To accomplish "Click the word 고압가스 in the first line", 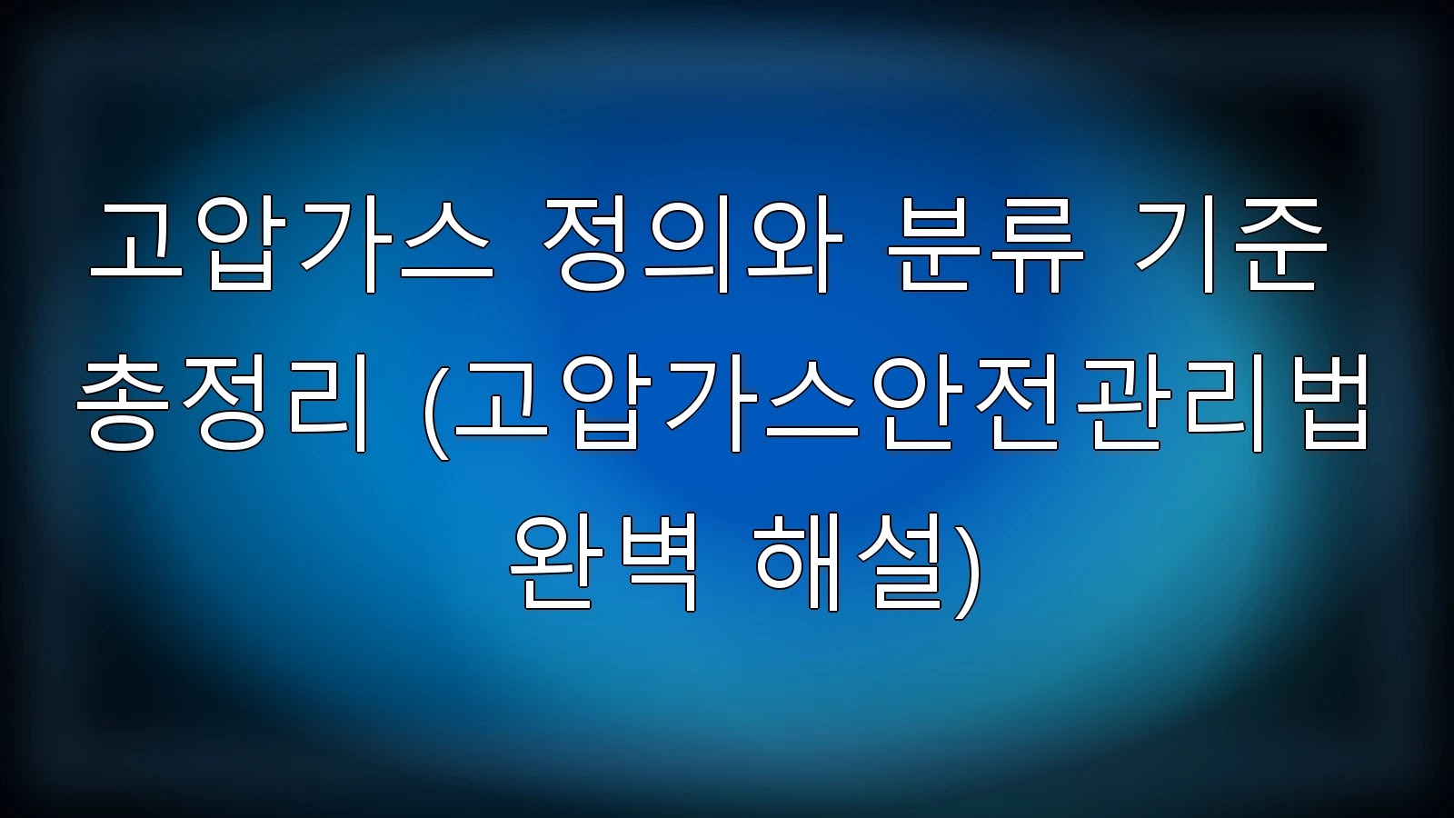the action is tap(292, 246).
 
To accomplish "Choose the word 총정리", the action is tap(223, 404).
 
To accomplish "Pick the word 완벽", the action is tap(603, 563).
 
